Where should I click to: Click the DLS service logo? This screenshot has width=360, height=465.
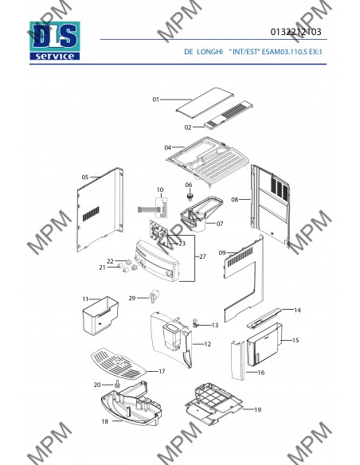pyautogui.click(x=55, y=41)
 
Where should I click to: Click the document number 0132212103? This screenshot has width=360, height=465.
pyautogui.click(x=295, y=32)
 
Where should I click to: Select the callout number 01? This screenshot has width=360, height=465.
pyautogui.click(x=155, y=100)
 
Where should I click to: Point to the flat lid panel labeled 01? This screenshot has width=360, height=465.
pyautogui.click(x=205, y=100)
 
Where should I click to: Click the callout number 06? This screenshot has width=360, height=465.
pyautogui.click(x=189, y=185)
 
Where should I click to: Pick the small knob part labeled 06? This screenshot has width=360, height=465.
pyautogui.click(x=190, y=196)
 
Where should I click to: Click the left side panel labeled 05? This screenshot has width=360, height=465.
pyautogui.click(x=100, y=209)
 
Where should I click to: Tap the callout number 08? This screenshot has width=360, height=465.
pyautogui.click(x=235, y=199)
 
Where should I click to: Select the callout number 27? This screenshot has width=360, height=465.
pyautogui.click(x=202, y=256)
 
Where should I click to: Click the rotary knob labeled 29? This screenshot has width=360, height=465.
pyautogui.click(x=155, y=295)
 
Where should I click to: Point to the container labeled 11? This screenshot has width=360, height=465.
pyautogui.click(x=100, y=315)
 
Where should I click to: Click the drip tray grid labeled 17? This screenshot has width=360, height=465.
pyautogui.click(x=119, y=364)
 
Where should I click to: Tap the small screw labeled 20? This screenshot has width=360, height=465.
pyautogui.click(x=116, y=384)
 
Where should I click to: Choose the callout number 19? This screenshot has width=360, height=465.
pyautogui.click(x=258, y=409)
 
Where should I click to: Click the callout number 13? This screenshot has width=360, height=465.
pyautogui.click(x=215, y=325)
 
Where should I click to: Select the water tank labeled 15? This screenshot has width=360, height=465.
pyautogui.click(x=264, y=344)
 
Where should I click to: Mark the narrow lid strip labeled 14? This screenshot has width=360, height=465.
pyautogui.click(x=264, y=318)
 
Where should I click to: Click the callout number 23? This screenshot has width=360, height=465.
pyautogui.click(x=182, y=244)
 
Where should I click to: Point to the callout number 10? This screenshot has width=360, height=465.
pyautogui.click(x=160, y=190)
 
